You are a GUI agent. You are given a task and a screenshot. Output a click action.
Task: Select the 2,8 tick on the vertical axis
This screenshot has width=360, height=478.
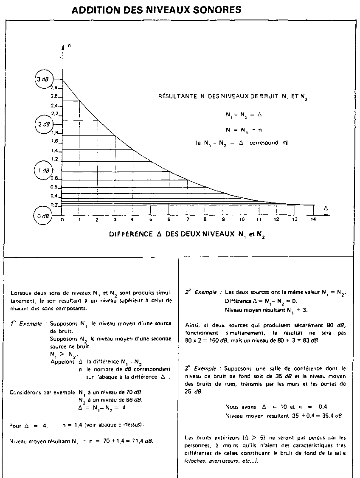coord(54,87)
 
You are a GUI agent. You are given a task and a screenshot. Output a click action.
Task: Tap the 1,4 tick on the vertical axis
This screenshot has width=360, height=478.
coord(54,151)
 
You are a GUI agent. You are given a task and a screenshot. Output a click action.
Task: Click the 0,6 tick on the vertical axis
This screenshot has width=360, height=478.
coord(54,187)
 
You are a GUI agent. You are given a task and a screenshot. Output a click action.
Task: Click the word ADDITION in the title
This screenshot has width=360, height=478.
coord(92,10)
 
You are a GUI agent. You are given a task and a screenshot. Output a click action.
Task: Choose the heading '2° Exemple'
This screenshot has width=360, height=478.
coord(201,292)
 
